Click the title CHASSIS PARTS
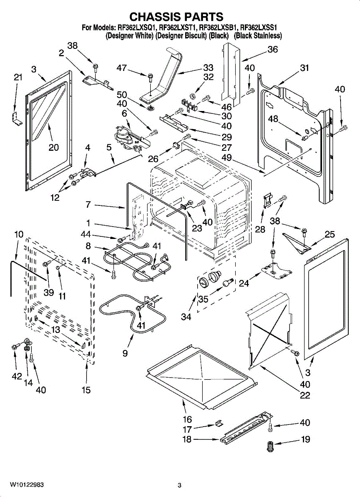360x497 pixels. pyautogui.click(x=176, y=17)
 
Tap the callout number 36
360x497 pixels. pyautogui.click(x=272, y=49)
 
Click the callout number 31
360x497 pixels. pyautogui.click(x=304, y=68)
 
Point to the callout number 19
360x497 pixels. pyautogui.click(x=305, y=439)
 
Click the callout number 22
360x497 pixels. pyautogui.click(x=305, y=396)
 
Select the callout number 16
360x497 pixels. pyautogui.click(x=187, y=419)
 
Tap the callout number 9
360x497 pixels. pyautogui.click(x=125, y=353)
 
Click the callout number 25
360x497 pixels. pyautogui.click(x=329, y=235)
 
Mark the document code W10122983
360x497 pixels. pyautogui.click(x=28, y=485)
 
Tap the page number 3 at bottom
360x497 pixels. pyautogui.click(x=179, y=485)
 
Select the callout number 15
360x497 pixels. pyautogui.click(x=86, y=390)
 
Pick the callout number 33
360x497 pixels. pyautogui.click(x=208, y=68)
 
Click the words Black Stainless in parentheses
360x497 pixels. pyautogui.click(x=258, y=36)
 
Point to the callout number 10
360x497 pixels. pyautogui.click(x=19, y=234)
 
